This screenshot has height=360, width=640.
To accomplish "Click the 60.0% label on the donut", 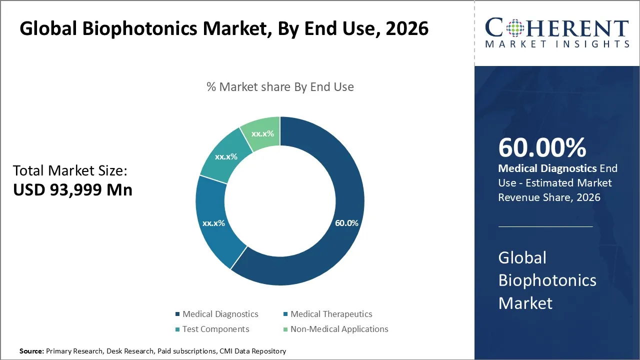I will [x=346, y=223].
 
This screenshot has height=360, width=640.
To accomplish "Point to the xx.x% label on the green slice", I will [x=262, y=134].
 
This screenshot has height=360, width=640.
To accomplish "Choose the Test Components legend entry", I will [x=215, y=329].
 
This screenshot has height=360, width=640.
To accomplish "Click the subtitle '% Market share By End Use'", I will [x=280, y=87].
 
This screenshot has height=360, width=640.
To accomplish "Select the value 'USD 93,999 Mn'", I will [x=72, y=190].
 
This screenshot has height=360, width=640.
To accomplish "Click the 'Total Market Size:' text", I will [x=70, y=171].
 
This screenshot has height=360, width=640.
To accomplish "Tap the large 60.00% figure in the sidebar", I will [x=542, y=147].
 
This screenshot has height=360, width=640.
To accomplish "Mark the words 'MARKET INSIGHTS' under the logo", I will [x=557, y=44].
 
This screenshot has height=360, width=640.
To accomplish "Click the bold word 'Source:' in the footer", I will [x=31, y=351].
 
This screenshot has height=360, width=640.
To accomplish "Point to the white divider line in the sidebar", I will [x=545, y=226].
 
